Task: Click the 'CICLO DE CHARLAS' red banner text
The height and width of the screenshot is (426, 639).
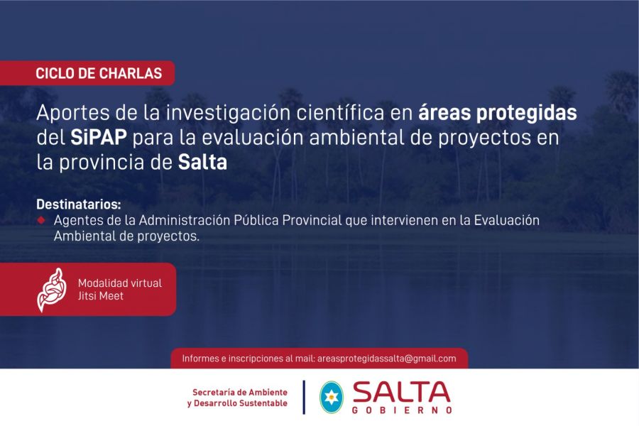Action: (99, 73)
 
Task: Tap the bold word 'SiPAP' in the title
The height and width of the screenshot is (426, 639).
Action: (98, 137)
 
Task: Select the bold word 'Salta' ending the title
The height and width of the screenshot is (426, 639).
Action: (202, 163)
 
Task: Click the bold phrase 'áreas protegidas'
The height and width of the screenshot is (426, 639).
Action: (498, 114)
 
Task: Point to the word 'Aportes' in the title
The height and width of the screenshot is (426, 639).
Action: (73, 114)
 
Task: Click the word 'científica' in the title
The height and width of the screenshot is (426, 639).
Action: (340, 112)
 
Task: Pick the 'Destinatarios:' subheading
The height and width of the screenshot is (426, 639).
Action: (79, 204)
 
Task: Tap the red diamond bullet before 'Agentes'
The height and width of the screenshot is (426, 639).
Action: (41, 220)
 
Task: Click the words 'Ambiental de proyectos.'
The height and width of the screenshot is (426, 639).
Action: (127, 236)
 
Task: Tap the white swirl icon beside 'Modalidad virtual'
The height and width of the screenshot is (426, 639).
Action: (52, 290)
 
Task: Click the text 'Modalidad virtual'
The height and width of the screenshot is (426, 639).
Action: (120, 283)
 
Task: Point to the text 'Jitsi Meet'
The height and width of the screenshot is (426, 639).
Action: (101, 296)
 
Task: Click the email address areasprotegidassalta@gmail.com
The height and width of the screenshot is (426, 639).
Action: (387, 359)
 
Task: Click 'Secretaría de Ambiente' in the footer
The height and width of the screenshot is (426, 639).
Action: (240, 392)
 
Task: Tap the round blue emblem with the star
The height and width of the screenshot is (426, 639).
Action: (332, 398)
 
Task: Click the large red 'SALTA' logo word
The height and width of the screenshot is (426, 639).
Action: (401, 392)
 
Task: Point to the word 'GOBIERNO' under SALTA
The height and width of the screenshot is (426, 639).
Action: (402, 410)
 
